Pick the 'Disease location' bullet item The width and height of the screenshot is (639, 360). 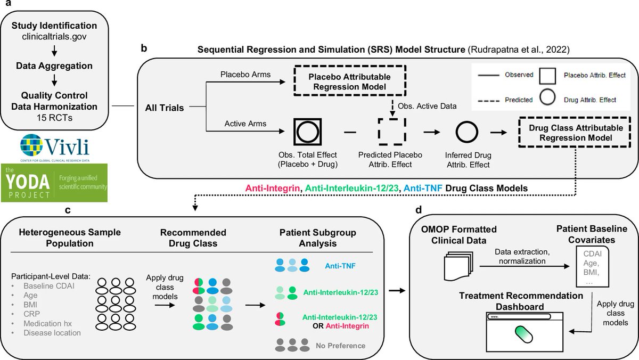click(52, 333)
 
